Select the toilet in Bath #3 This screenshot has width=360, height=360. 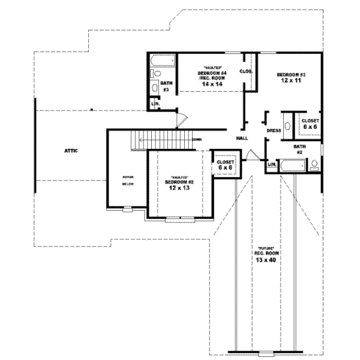coord(155,88)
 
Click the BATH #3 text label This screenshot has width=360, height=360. coord(165,86)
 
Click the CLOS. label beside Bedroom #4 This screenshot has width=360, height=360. coord(246,71)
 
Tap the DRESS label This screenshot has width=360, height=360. coord(274,130)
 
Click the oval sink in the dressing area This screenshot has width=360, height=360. coord(286,126)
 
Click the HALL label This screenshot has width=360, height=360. coord(242,138)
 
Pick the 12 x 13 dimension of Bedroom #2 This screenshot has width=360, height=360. coord(180,188)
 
